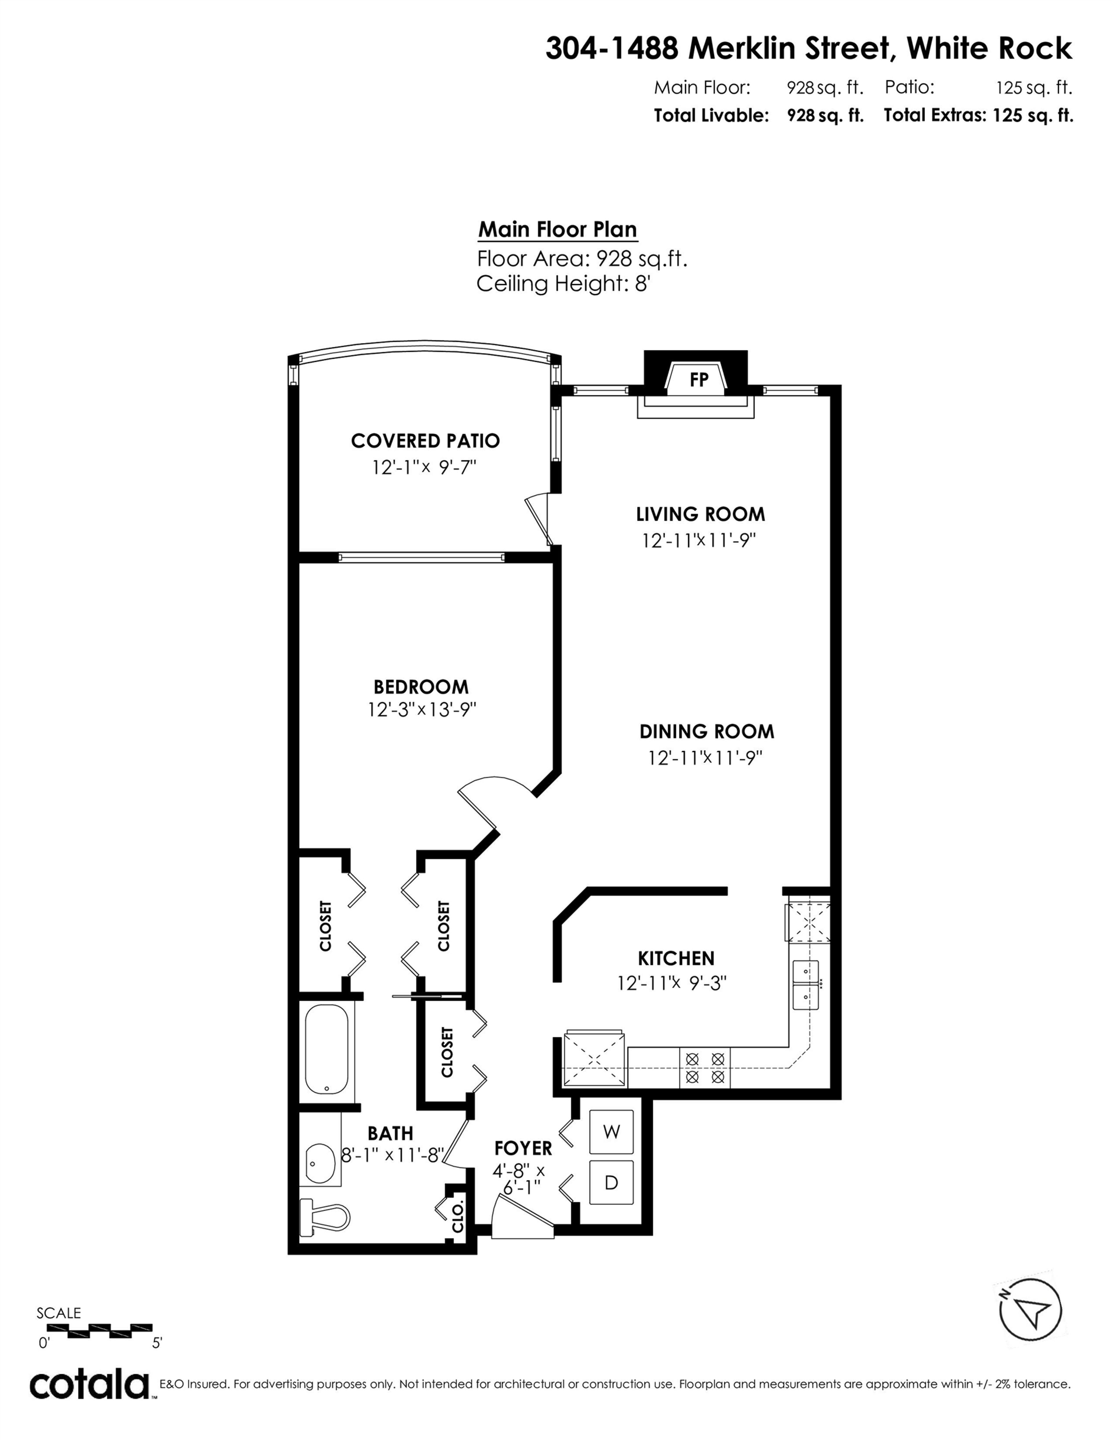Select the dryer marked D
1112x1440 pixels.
point(611,1182)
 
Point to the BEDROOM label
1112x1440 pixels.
point(420,687)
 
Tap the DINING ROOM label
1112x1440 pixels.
point(707,731)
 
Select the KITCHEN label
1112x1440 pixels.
point(676,958)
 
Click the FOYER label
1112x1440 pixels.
point(523,1148)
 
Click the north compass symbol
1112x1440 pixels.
point(1030,1309)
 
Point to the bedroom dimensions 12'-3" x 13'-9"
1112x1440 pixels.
point(422,710)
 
